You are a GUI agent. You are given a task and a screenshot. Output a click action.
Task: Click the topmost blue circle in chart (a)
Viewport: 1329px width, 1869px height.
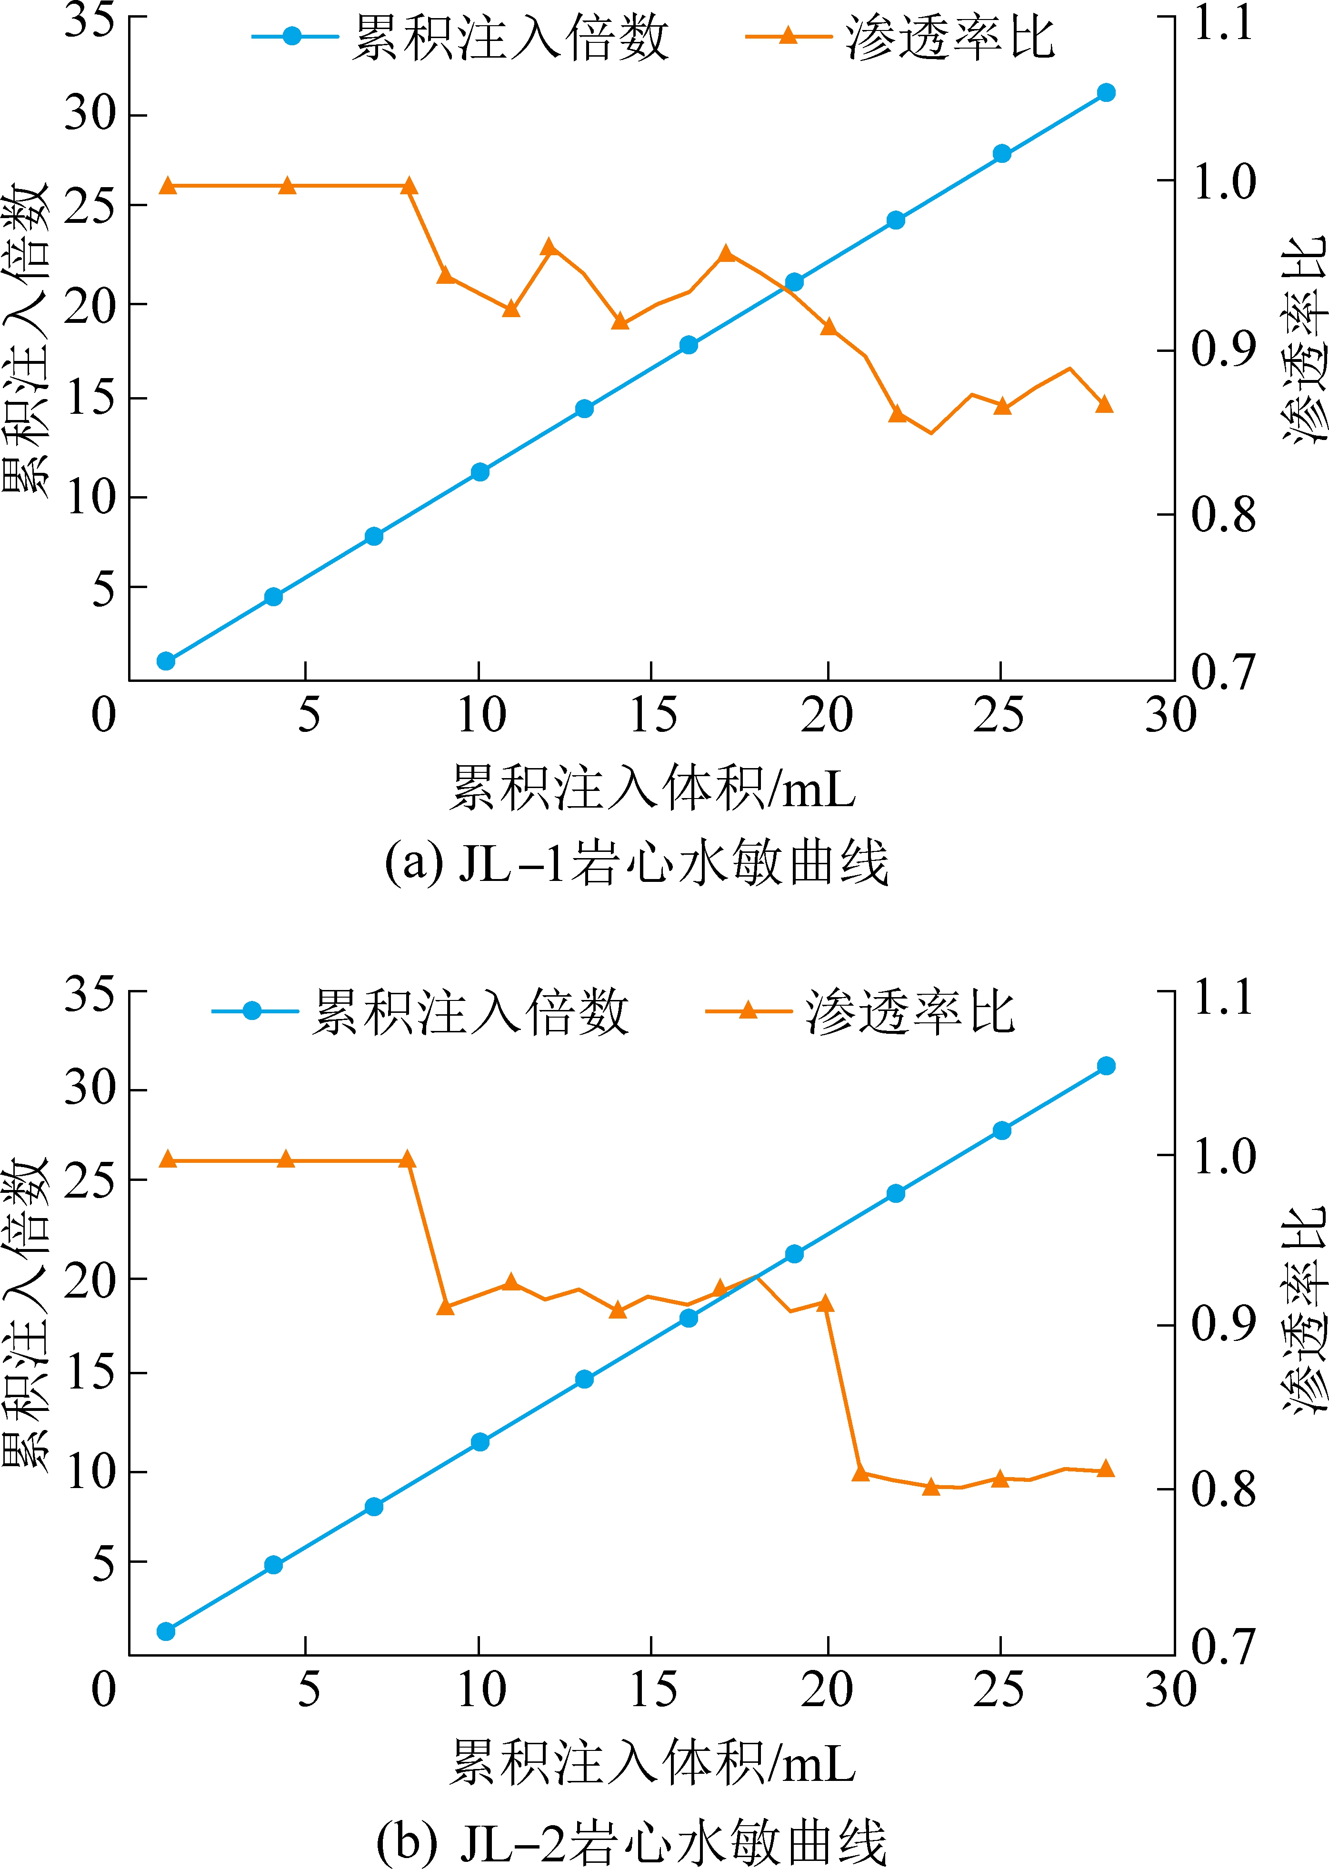coord(1106,92)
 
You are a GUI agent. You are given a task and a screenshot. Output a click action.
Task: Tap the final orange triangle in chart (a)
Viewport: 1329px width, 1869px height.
coord(1104,404)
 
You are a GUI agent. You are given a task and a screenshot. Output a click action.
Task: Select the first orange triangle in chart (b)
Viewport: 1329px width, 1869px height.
coord(168,1159)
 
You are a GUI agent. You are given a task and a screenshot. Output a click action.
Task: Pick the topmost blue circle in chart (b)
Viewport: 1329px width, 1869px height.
coord(1106,1065)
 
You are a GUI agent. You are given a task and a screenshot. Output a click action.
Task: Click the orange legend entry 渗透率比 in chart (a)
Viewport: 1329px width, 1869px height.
coord(900,37)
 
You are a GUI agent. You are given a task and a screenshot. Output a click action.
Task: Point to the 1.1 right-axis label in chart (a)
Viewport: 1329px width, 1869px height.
coord(1223,22)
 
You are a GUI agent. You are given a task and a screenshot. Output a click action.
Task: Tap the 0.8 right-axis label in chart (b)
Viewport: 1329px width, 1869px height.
coord(1223,1489)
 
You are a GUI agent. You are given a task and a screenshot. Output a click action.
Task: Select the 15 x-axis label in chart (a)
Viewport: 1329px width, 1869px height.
coord(652,714)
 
